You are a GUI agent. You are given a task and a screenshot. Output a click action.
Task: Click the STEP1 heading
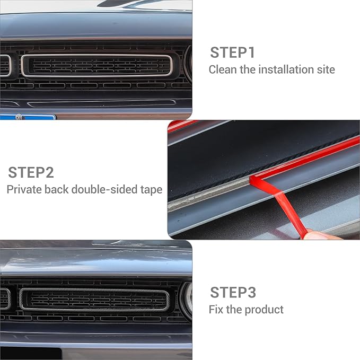click(x=233, y=52)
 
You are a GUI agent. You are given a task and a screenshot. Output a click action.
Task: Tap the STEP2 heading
click(x=31, y=172)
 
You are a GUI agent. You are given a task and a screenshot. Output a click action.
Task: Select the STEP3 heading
click(x=233, y=292)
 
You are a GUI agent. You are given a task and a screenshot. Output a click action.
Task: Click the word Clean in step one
click(x=222, y=69)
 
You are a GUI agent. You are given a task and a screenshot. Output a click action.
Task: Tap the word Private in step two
click(x=23, y=189)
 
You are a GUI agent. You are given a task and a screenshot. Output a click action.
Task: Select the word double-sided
click(x=104, y=189)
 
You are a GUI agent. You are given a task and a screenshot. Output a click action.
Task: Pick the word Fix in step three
click(x=216, y=309)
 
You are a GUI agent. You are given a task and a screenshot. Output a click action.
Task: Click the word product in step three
click(x=264, y=309)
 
